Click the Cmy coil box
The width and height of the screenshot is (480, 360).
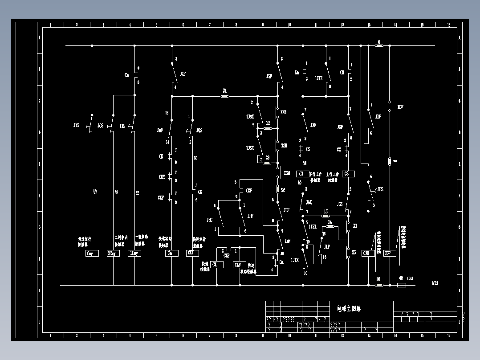point(92,254)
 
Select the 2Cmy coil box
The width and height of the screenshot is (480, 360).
point(113,254)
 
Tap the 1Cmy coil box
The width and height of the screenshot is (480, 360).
point(134,254)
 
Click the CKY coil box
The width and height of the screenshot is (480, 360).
point(192,253)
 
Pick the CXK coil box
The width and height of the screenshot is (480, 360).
point(368,253)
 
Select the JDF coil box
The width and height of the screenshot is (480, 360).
point(389,253)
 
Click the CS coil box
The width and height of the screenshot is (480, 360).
point(348,174)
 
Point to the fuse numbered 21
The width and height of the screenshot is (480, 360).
point(225,96)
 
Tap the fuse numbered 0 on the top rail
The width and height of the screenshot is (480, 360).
point(379,45)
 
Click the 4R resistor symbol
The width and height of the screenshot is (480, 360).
point(401,285)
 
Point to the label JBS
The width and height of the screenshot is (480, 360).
point(380,189)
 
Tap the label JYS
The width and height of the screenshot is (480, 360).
point(77,126)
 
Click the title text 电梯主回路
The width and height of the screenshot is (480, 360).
point(349,308)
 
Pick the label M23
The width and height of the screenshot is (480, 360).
point(435,283)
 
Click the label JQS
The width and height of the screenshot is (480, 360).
point(199,131)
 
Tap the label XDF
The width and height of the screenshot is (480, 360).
point(400,107)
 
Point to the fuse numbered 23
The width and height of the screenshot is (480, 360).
point(267,163)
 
